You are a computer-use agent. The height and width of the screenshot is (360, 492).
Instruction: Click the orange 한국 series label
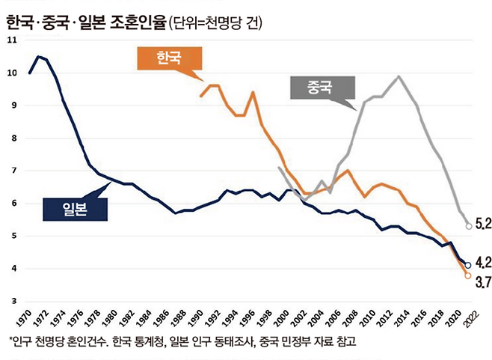click(x=169, y=58)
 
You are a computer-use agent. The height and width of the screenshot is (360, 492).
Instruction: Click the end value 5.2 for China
click(x=482, y=224)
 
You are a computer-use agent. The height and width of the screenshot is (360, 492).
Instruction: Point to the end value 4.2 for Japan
click(x=482, y=262)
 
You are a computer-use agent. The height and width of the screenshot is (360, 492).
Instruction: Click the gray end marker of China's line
click(x=468, y=226)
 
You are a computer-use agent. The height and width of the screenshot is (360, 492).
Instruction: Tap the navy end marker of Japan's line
click(x=468, y=265)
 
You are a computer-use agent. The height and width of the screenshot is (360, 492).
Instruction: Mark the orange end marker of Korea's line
click(x=468, y=275)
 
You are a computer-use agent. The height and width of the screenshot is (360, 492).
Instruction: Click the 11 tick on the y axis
click(x=10, y=40)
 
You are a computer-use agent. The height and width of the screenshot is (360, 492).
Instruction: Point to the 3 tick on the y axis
click(x=11, y=301)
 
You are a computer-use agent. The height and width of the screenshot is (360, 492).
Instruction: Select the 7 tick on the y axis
click(x=11, y=171)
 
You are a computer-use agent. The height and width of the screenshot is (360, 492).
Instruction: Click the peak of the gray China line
click(x=399, y=76)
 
